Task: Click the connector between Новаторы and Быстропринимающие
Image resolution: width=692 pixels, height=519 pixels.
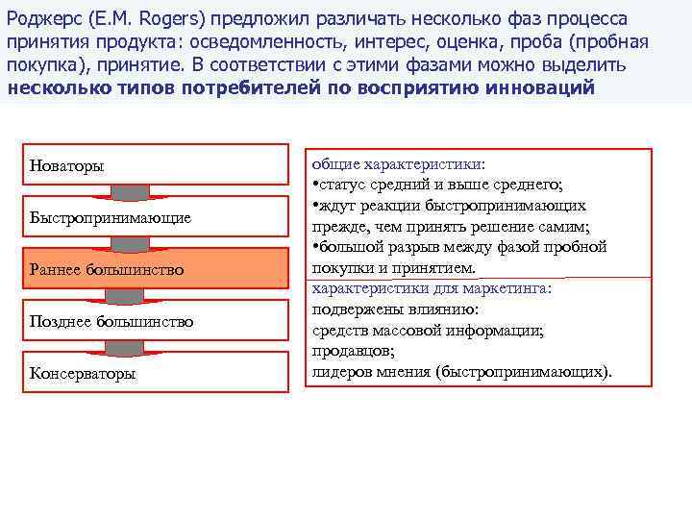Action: (x=130, y=191)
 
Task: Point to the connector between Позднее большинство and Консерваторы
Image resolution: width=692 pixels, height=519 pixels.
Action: (x=130, y=347)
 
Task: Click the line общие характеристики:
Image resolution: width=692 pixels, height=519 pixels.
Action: (x=397, y=164)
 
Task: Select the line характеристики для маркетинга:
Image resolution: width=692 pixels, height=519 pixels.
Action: (x=437, y=288)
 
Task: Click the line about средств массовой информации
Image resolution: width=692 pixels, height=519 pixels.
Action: (x=428, y=330)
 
